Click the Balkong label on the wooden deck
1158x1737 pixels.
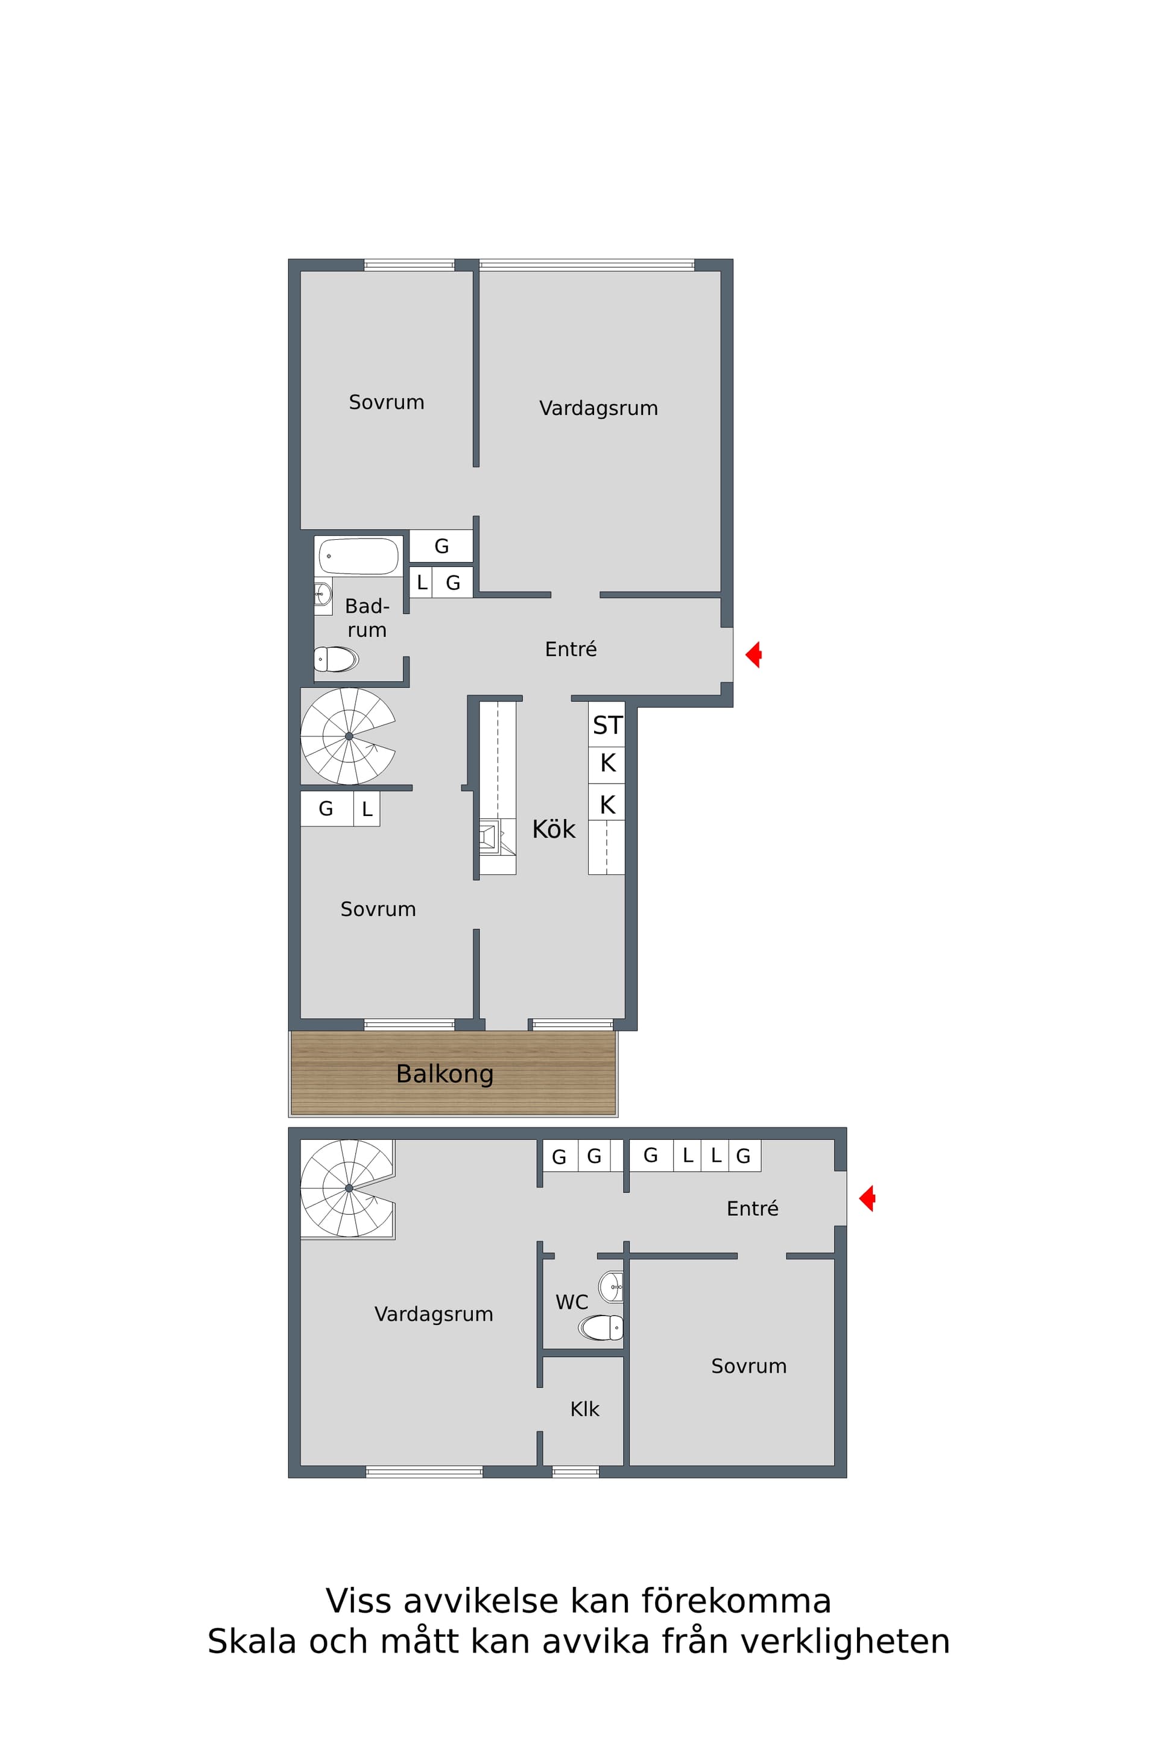coord(445,1074)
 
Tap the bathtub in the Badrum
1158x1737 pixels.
coord(358,556)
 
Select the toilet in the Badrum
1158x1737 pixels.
coord(336,659)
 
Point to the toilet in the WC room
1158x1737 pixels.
coord(601,1327)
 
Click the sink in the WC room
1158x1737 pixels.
coord(612,1286)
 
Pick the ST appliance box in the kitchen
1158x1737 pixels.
coord(607,724)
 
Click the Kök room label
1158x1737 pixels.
coord(553,829)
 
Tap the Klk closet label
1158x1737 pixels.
coord(584,1409)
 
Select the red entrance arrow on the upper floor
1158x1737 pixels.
coord(753,654)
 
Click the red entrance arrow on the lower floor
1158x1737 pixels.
coord(867,1198)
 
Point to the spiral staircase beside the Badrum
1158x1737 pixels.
coord(348,736)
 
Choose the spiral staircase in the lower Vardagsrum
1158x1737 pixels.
coord(348,1188)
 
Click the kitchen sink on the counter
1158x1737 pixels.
coord(488,837)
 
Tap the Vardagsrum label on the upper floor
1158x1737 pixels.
coord(598,408)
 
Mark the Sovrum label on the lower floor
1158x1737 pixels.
coord(749,1366)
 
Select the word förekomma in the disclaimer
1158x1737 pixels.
coord(736,1601)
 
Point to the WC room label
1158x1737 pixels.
coord(572,1302)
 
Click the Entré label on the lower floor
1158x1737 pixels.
coord(753,1208)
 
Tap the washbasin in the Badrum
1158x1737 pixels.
coord(323,593)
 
